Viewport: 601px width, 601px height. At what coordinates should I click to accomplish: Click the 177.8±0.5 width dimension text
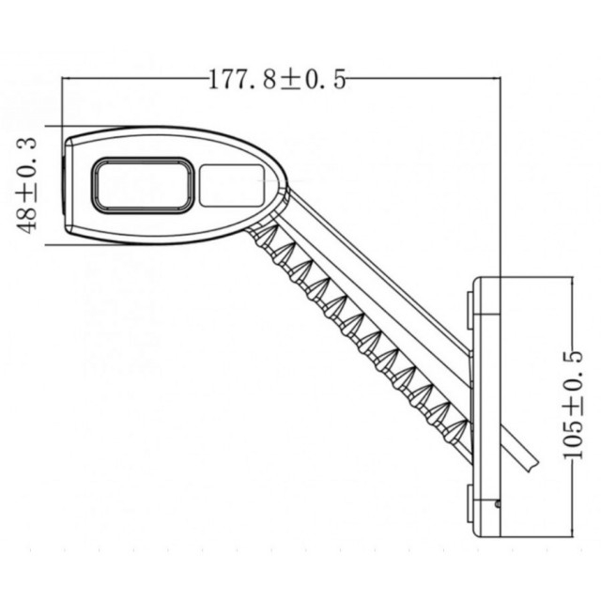pyautogui.click(x=277, y=80)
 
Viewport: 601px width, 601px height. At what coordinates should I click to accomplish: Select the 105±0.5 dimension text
pyautogui.click(x=572, y=404)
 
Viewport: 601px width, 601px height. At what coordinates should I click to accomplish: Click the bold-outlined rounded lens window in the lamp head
pyautogui.click(x=143, y=184)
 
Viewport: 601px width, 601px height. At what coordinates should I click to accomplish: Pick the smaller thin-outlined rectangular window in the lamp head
pyautogui.click(x=231, y=184)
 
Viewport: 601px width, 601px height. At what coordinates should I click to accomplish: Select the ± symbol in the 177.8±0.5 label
pyautogui.click(x=291, y=80)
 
